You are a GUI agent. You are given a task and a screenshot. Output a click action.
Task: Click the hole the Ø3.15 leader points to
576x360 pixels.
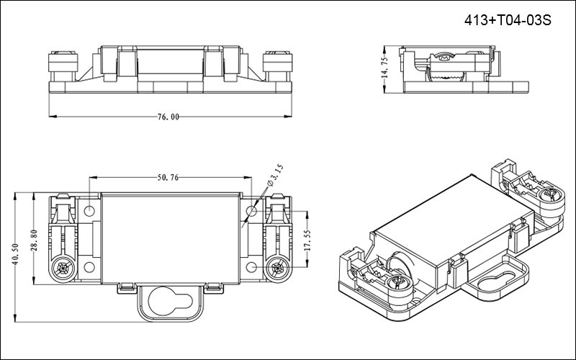(x=251, y=211)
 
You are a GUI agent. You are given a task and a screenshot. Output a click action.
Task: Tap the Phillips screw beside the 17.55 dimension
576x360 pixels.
(x=276, y=270)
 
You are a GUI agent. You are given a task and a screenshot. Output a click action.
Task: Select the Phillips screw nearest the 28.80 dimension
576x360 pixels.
(x=61, y=270)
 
